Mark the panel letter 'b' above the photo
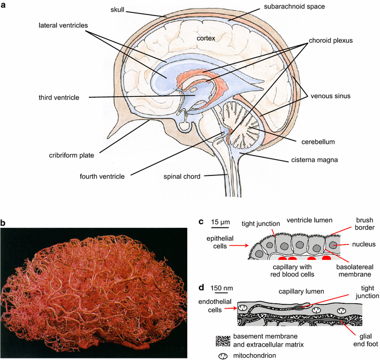[4, 220]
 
